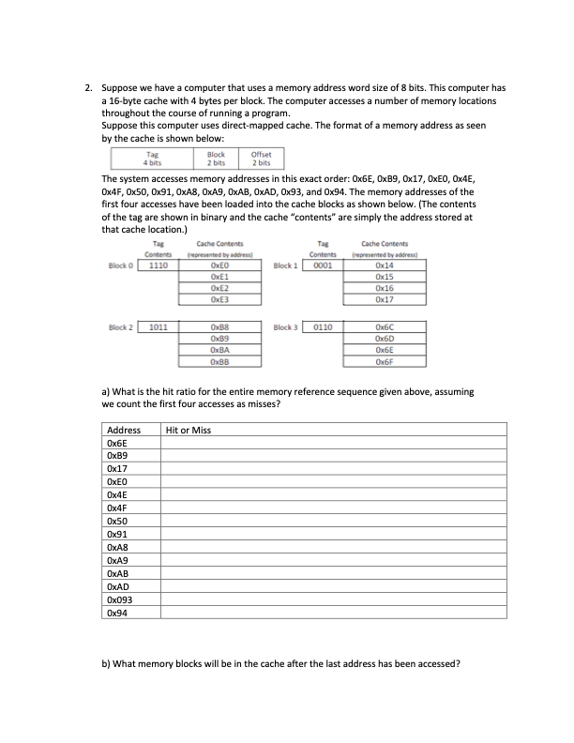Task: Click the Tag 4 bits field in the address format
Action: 152,159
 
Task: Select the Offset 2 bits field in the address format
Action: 263,159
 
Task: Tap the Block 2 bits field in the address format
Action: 216,159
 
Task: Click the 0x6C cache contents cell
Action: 382,329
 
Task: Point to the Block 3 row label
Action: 285,329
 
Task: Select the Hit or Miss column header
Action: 188,430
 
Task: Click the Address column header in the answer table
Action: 124,430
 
